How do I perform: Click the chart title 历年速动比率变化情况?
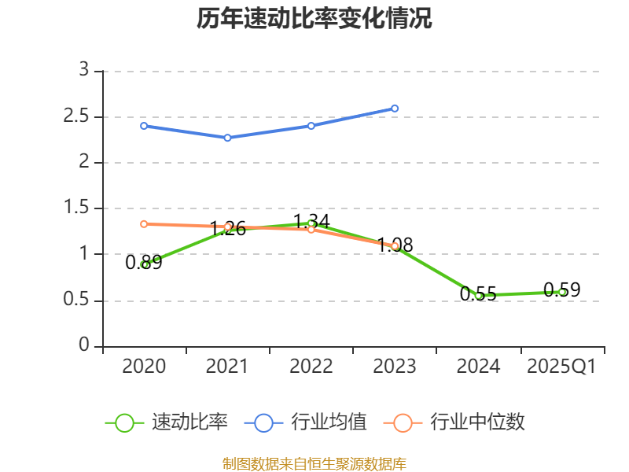(314, 19)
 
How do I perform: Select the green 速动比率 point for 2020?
(145, 264)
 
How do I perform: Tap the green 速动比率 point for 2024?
(478, 296)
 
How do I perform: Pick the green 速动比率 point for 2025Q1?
(561, 292)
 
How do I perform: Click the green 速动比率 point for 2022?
(311, 223)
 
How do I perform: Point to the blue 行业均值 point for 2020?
(144, 126)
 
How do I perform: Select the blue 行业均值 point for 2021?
(227, 138)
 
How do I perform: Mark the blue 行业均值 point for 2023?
(395, 109)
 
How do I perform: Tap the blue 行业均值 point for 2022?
(311, 126)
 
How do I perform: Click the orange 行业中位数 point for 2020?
(144, 224)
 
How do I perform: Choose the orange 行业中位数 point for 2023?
(395, 246)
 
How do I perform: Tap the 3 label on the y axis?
(85, 71)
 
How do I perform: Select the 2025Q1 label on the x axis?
(561, 367)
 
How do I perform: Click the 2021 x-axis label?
(227, 367)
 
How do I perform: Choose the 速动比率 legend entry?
(167, 422)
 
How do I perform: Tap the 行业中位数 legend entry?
(454, 422)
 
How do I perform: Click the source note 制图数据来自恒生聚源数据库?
(314, 463)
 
